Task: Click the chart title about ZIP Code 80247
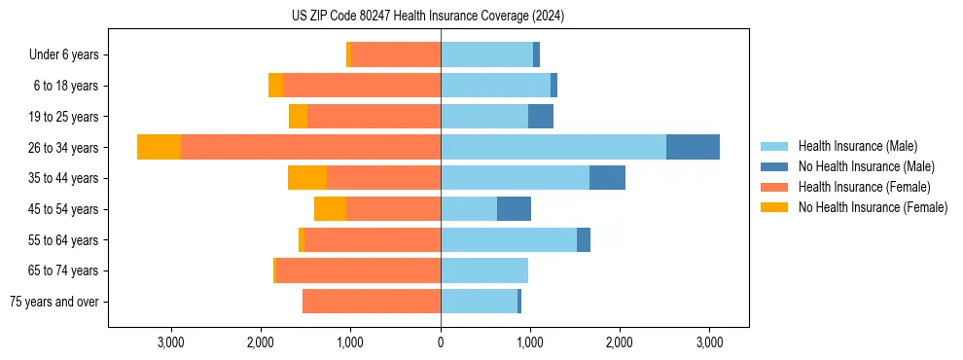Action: pos(428,16)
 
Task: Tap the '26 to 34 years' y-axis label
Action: pos(63,147)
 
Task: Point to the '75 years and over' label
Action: pos(54,302)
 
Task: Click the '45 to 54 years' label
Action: pos(63,209)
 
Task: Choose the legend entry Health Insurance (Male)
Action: pos(857,146)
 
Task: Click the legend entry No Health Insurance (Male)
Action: pos(866,166)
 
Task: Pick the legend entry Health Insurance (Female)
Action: pos(864,187)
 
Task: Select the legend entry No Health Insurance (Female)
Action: pos(873,207)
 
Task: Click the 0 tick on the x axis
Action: pos(441,342)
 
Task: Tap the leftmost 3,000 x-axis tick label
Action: pos(170,342)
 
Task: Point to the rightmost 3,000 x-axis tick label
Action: pos(709,342)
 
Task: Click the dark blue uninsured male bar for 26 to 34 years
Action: pos(693,147)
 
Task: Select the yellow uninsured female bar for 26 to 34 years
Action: pos(159,147)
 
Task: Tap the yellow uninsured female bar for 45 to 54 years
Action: pos(330,209)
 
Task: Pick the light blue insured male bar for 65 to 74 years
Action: pos(484,270)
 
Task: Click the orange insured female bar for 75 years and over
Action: pos(372,302)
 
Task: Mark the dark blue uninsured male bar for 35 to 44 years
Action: pos(607,178)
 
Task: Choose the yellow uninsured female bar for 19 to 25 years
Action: pos(298,117)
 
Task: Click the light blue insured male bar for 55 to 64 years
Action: pos(508,239)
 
